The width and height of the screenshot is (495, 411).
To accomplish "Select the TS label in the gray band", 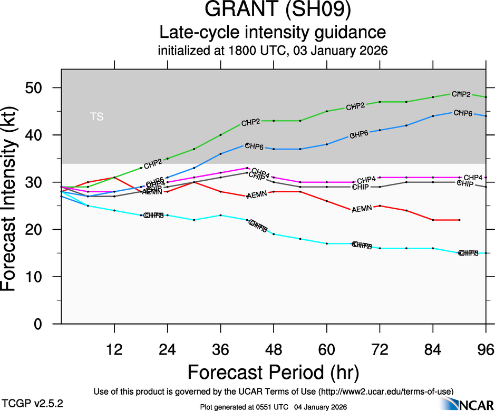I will pyautogui.click(x=96, y=117).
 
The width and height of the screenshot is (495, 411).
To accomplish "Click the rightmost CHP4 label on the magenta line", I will pyautogui.click(x=473, y=177).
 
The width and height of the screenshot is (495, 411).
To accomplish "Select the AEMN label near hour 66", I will pyautogui.click(x=362, y=208).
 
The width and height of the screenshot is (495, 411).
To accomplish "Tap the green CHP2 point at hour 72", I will pyautogui.click(x=380, y=102).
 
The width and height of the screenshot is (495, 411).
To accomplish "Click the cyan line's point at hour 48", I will pyautogui.click(x=274, y=234).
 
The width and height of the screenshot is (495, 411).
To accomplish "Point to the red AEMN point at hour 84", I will pyautogui.click(x=433, y=220).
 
